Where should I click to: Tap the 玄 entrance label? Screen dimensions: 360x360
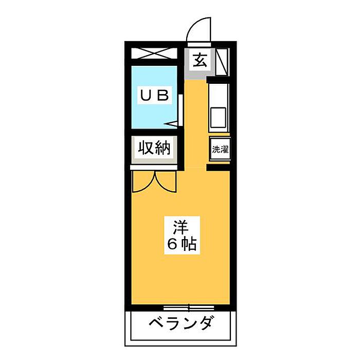pyautogui.click(x=200, y=61)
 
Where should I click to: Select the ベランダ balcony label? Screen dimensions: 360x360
pyautogui.click(x=181, y=323)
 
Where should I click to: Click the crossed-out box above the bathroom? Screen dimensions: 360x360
pyautogui.click(x=154, y=53)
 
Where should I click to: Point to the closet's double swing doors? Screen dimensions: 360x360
pyautogui.click(x=154, y=181)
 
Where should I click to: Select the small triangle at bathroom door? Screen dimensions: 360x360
pyautogui.click(x=173, y=123)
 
